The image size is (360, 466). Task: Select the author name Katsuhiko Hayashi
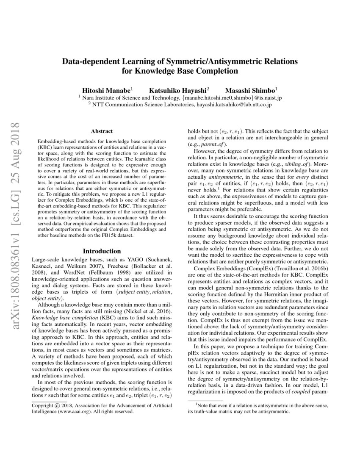tap(178, 90)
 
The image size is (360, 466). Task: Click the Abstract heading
tap(102, 132)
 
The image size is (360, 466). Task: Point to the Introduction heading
tap(102, 251)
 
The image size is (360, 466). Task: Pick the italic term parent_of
tap(216, 144)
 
